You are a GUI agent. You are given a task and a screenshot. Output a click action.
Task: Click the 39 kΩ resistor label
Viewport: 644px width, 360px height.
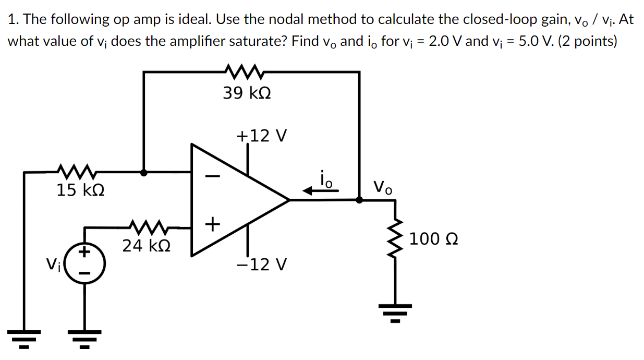click(x=247, y=94)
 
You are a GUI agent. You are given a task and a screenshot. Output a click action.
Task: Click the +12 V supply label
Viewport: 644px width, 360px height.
click(x=261, y=136)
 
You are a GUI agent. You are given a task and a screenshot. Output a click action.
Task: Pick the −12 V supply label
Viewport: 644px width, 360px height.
click(x=261, y=265)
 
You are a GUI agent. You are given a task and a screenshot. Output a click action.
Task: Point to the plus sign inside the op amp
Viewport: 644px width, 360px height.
click(x=211, y=224)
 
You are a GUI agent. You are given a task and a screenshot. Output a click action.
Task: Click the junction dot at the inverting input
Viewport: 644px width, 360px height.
click(x=144, y=172)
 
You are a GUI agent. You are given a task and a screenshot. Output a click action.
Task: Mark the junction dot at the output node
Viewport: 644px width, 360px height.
click(x=359, y=199)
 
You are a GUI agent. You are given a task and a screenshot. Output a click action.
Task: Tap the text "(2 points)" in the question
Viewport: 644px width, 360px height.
click(x=587, y=41)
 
